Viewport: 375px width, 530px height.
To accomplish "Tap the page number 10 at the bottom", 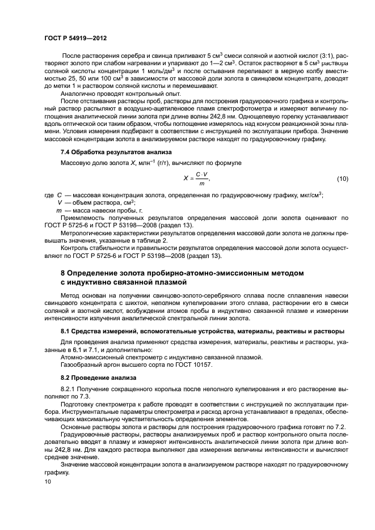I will (47, 481).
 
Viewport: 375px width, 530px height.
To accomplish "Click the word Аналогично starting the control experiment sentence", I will (79, 93).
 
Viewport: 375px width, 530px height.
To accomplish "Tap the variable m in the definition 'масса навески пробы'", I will (58, 210).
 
